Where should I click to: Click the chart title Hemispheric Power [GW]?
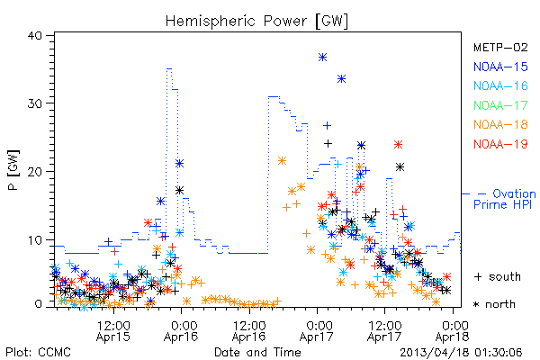tap(256, 21)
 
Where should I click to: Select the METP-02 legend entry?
tap(500, 47)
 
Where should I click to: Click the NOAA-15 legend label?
tap(500, 67)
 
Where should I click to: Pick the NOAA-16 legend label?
tap(500, 85)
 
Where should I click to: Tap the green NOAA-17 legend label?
tap(500, 105)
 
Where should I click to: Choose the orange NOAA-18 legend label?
tap(500, 124)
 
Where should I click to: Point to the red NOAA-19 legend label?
tap(500, 144)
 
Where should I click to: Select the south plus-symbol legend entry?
tap(498, 276)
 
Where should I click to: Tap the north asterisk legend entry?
tap(494, 304)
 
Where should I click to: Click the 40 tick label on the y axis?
tap(35, 36)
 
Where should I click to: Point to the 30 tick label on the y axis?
tap(35, 103)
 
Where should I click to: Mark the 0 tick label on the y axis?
tap(38, 304)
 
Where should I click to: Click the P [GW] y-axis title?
tap(13, 170)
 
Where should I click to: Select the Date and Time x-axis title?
tap(257, 352)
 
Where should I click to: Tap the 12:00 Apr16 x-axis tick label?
tap(249, 331)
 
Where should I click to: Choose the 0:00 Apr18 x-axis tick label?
tap(452, 331)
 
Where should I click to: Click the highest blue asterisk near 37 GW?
tap(322, 58)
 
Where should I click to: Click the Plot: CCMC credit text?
tap(38, 353)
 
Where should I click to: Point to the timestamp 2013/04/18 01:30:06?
tap(461, 353)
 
